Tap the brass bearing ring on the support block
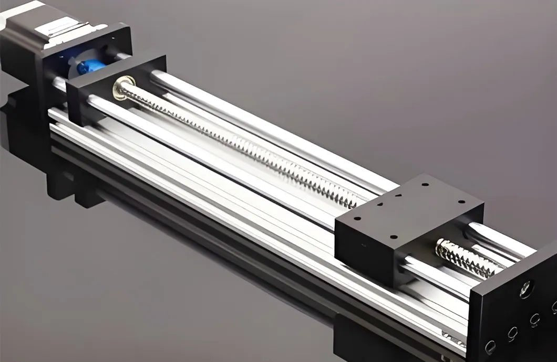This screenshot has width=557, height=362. [121, 87]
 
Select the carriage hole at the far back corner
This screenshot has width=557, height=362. [425, 185]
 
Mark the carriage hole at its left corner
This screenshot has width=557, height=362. [357, 219]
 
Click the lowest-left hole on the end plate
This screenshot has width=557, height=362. [490, 346]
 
